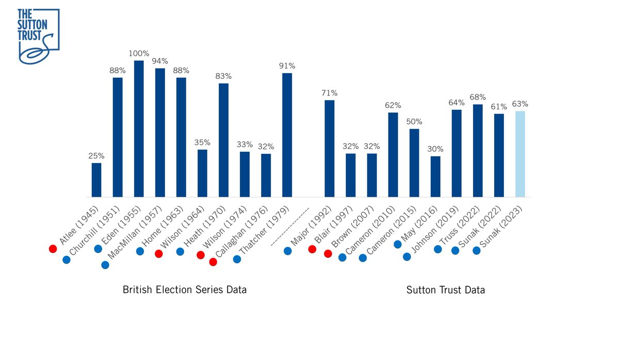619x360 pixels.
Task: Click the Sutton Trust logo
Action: coord(38,36)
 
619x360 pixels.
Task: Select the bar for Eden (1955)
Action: coord(139,129)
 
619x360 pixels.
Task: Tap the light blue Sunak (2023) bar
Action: coord(520,154)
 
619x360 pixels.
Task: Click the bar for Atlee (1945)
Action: coord(96,179)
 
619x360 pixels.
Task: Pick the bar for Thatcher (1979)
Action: coord(287,135)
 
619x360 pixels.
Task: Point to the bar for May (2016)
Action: coord(435,176)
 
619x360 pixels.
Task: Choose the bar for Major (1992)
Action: coord(329,149)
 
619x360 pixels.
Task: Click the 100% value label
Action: coord(139,54)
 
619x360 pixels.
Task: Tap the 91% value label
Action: coord(287,66)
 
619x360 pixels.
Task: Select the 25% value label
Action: coord(96,156)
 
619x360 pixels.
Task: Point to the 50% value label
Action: coord(414,122)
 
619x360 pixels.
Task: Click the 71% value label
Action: coord(329,93)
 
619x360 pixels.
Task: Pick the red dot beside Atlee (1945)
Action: coord(53,249)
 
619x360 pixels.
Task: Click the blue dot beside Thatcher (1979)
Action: coord(237,259)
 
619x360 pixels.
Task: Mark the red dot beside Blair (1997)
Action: coord(312,250)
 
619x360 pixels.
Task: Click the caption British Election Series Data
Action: coord(184,290)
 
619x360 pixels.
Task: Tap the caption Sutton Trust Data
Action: coord(445,290)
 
